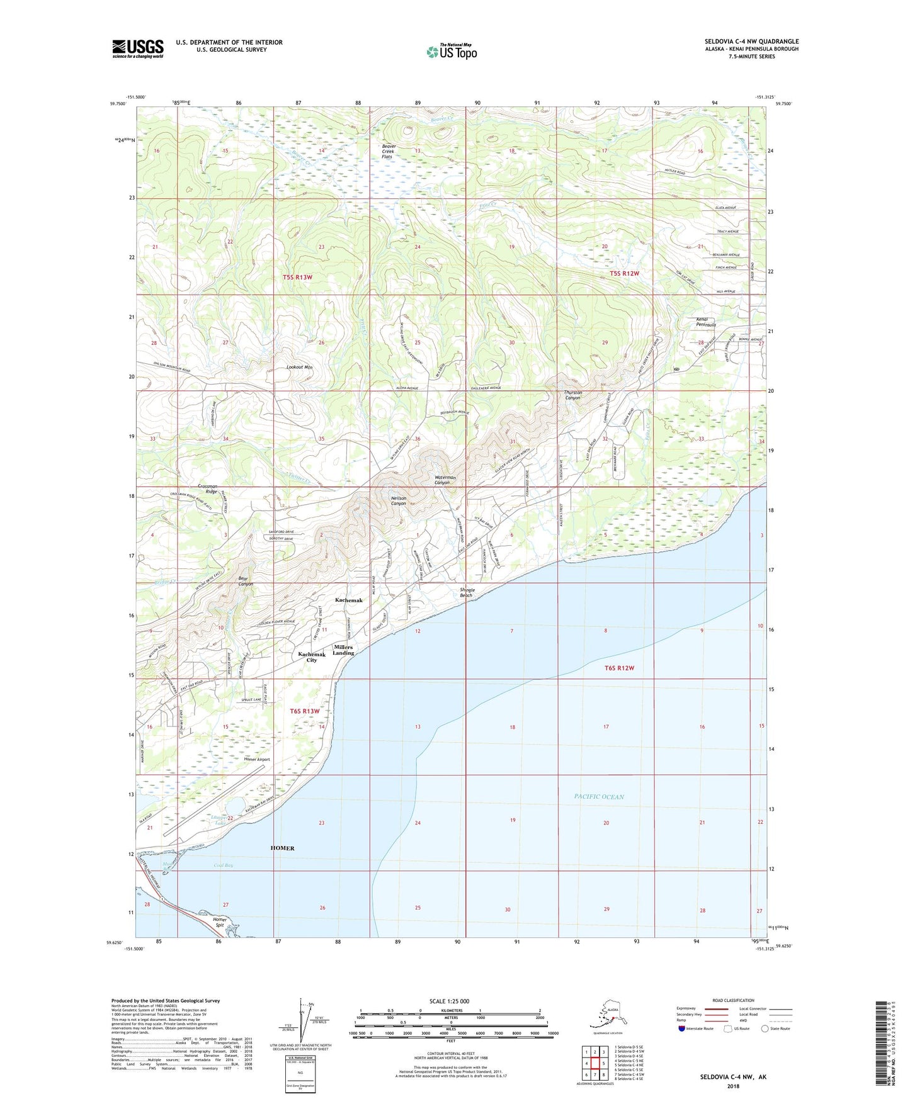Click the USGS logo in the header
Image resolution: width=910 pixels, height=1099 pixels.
137,48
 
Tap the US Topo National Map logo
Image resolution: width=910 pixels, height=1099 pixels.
451,51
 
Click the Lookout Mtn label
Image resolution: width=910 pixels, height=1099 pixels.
299,367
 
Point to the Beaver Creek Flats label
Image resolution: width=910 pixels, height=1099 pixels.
389,151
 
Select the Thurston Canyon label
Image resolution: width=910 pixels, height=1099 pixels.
572,395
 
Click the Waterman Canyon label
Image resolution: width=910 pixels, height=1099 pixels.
445,480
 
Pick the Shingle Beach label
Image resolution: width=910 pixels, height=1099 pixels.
466,592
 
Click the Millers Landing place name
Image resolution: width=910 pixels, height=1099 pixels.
343,650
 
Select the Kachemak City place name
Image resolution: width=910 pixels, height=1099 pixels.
312,657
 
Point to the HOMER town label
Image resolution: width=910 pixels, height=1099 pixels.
282,848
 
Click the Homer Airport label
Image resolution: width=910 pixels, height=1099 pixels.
257,759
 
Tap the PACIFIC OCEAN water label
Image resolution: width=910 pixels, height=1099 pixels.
598,796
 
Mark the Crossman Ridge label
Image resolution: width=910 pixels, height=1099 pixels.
207,488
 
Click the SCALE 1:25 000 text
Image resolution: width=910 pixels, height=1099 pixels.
450,1001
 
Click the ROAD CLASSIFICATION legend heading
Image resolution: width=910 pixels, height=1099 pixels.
733,1000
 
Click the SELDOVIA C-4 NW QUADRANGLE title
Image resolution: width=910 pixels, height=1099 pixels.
751,42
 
